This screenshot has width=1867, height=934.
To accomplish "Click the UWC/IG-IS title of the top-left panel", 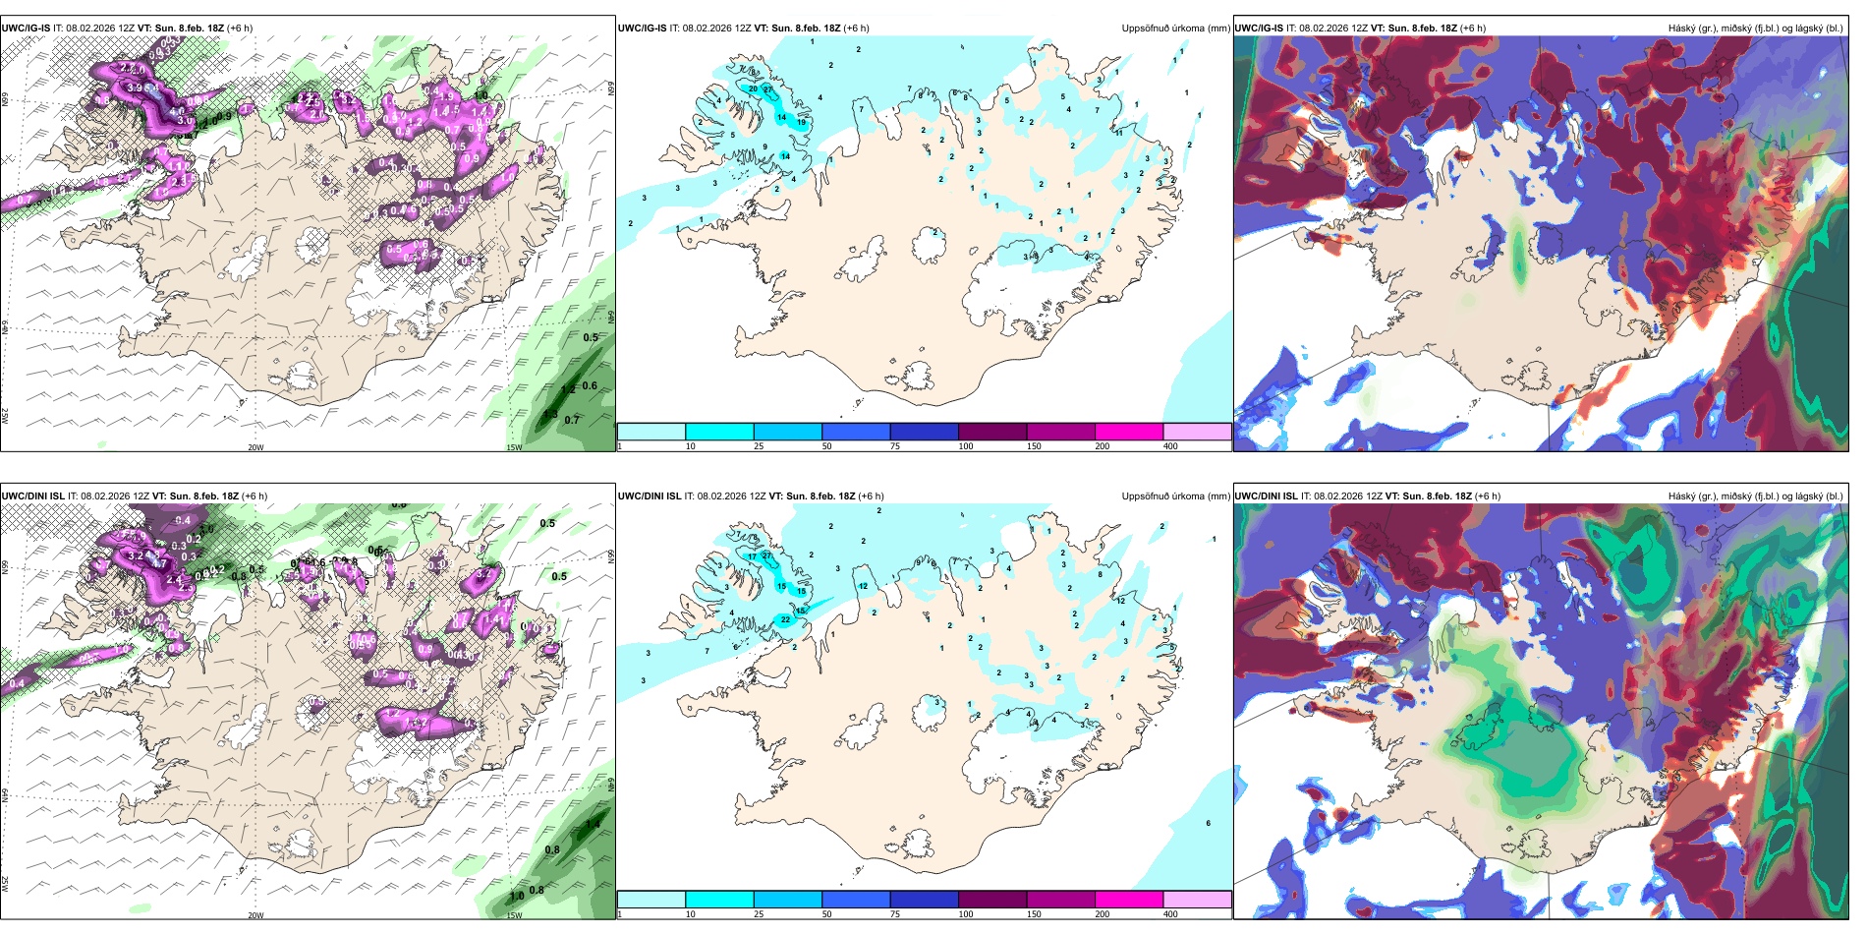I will (26, 28).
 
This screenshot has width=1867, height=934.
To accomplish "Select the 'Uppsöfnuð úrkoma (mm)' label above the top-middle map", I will (1175, 29).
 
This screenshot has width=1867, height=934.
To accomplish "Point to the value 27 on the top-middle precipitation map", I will (768, 89).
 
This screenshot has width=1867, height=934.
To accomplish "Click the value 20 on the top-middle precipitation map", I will (754, 89).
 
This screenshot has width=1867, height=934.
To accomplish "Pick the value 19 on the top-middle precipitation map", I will (802, 123).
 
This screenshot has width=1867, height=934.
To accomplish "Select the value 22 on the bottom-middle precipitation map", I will (785, 620).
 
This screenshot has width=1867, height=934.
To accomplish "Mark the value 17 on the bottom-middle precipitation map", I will (753, 556).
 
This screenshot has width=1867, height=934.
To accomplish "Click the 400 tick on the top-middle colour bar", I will (1170, 446).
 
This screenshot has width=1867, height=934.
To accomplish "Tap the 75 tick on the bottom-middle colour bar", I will (895, 914).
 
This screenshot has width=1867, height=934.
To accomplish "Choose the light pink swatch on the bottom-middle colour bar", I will (1197, 900).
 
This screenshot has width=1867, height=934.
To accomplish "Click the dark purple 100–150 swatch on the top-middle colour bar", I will (992, 432).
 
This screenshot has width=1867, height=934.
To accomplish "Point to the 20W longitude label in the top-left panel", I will (255, 447).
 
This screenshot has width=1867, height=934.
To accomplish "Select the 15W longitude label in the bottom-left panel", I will (513, 915).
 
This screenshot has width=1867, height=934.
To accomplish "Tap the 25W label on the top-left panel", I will (6, 416).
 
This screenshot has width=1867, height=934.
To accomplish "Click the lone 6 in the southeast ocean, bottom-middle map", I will (1208, 824).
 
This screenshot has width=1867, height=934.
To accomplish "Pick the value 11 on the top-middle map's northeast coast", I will (1118, 133).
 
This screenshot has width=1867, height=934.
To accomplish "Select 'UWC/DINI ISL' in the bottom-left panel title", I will (32, 496).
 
